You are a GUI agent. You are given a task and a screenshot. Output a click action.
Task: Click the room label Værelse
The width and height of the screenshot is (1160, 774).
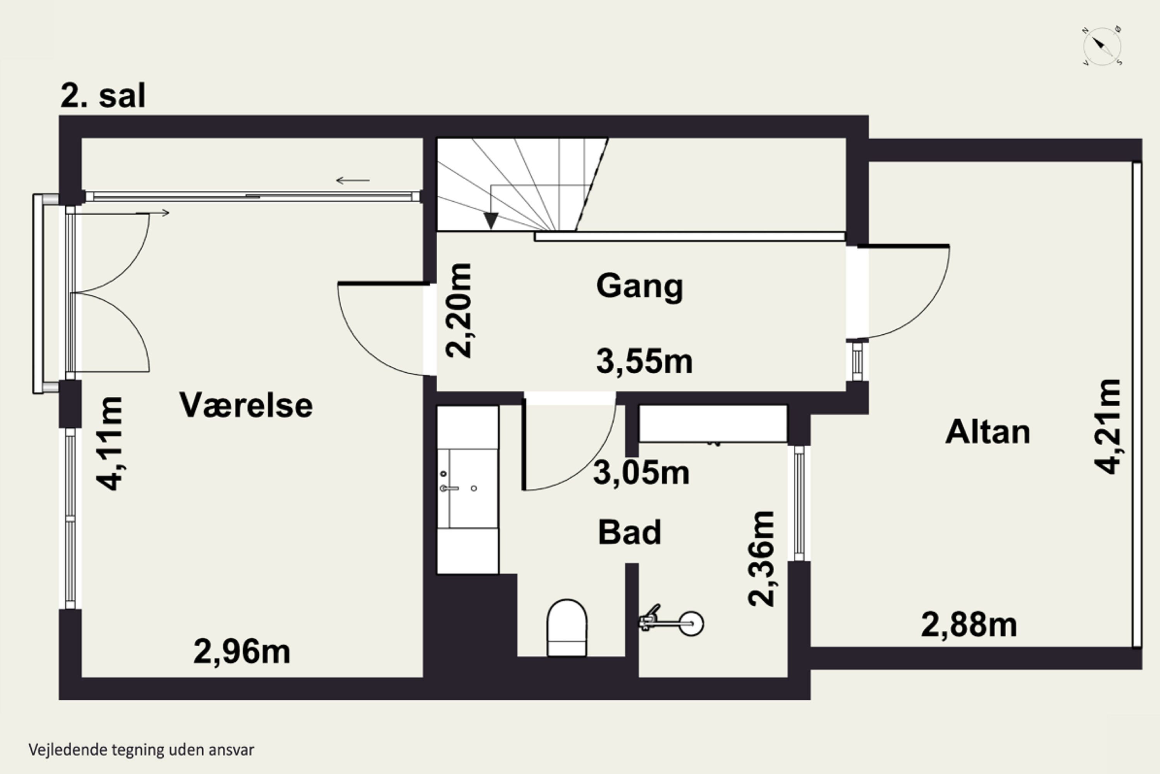[x=246, y=405]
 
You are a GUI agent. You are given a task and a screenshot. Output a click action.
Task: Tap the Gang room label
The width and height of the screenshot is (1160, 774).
[x=640, y=286]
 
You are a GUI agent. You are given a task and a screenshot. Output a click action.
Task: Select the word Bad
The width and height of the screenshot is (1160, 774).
[x=629, y=532]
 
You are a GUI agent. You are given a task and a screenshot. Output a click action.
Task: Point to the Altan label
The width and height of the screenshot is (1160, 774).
[x=988, y=432]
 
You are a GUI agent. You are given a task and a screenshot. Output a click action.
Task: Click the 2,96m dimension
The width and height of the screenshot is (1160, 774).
[x=242, y=652]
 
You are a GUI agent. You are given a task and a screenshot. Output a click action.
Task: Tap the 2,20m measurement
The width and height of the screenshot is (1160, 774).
[x=459, y=310]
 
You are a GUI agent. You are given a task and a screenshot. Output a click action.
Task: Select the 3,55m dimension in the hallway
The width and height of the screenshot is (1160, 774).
[x=644, y=361]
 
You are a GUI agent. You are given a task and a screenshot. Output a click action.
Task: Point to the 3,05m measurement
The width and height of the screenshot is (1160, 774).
[x=641, y=473]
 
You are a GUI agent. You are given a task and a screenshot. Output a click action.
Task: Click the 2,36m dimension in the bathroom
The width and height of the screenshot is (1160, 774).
[x=761, y=559]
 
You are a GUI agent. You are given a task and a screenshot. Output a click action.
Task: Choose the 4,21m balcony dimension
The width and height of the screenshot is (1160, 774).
[x=1108, y=426]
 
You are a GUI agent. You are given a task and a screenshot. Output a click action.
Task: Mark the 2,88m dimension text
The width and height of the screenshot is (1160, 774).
[x=969, y=625]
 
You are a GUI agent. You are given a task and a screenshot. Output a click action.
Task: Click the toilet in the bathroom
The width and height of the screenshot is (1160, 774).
[x=567, y=628]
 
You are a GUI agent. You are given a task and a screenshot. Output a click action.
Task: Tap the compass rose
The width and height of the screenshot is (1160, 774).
[x=1102, y=46]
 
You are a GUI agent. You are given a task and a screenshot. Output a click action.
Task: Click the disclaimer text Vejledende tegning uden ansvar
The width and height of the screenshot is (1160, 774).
[x=141, y=750]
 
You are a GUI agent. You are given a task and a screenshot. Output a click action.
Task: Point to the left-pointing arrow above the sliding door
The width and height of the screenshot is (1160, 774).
[x=353, y=181]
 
